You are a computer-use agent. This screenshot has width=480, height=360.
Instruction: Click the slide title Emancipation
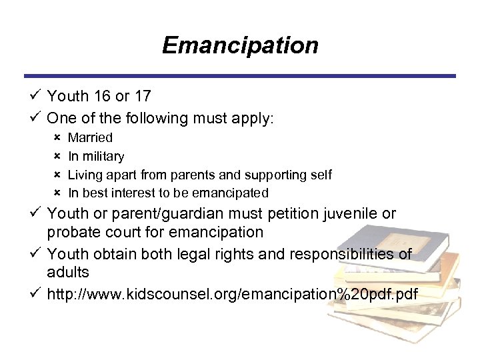240,45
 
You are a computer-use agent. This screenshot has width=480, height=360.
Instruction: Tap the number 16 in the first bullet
101,96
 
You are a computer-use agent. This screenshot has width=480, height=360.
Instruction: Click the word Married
91,138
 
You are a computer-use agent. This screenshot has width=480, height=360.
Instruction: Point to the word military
103,157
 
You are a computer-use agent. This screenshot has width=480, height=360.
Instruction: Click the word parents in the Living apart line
191,175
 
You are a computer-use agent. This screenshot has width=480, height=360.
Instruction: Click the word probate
71,233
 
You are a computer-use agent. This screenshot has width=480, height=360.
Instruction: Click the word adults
68,273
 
